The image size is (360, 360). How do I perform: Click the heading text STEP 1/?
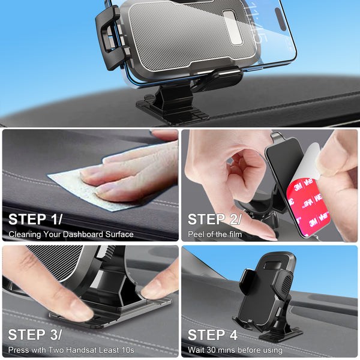click(x=35, y=219)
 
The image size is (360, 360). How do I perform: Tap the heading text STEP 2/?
click(x=215, y=219)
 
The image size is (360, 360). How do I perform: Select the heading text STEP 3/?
click(x=35, y=335)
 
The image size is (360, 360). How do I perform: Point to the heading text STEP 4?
click(x=212, y=335)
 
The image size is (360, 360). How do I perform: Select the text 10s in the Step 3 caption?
click(x=128, y=350)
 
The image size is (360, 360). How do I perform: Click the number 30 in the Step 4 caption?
click(x=211, y=350)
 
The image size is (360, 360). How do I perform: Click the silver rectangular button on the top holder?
click(x=233, y=28)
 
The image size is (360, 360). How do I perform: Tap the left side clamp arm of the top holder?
click(x=110, y=38)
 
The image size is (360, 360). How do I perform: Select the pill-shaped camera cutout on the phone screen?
click(x=280, y=19)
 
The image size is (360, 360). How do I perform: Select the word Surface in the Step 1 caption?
click(x=119, y=234)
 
